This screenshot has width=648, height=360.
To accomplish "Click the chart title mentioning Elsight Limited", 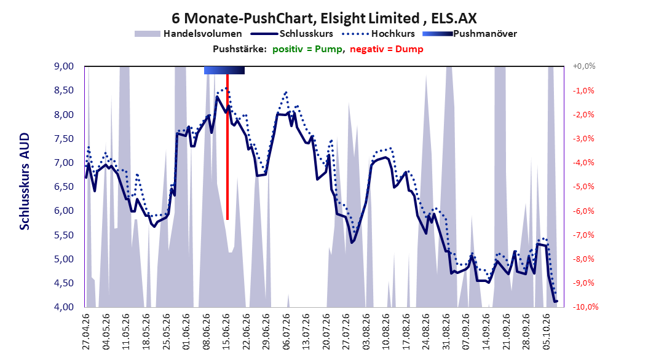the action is point(324,18).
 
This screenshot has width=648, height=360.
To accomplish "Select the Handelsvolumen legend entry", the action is point(189,34).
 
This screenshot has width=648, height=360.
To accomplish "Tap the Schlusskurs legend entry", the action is point(292,34).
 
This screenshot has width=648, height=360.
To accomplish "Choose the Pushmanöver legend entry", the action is point(470,34).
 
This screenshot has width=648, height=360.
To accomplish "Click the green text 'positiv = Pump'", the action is point(307,49).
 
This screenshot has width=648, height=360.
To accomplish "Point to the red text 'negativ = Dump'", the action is point(387,49).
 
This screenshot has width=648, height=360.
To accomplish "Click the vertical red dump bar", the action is point(227,147).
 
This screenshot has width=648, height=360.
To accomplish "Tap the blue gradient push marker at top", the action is point(224,70).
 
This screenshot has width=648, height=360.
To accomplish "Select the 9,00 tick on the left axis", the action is point(64,66).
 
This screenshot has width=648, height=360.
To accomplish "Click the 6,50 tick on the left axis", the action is point(64,187).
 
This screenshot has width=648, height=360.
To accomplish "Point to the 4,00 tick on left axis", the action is point(64,307).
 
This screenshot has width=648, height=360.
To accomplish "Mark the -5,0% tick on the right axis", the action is point(583,187).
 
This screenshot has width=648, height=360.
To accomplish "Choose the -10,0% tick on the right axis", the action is point(585,307).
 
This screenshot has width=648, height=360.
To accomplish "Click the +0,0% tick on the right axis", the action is point(584,66).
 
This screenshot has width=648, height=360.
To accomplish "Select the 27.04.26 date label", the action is point(86,332).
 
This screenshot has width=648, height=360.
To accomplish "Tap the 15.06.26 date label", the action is point(226,332).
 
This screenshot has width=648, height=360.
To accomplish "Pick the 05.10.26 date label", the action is point(547,332).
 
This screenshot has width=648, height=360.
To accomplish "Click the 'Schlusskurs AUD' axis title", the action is point(25,182).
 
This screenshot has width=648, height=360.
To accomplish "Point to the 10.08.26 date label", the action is point(387,332).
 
